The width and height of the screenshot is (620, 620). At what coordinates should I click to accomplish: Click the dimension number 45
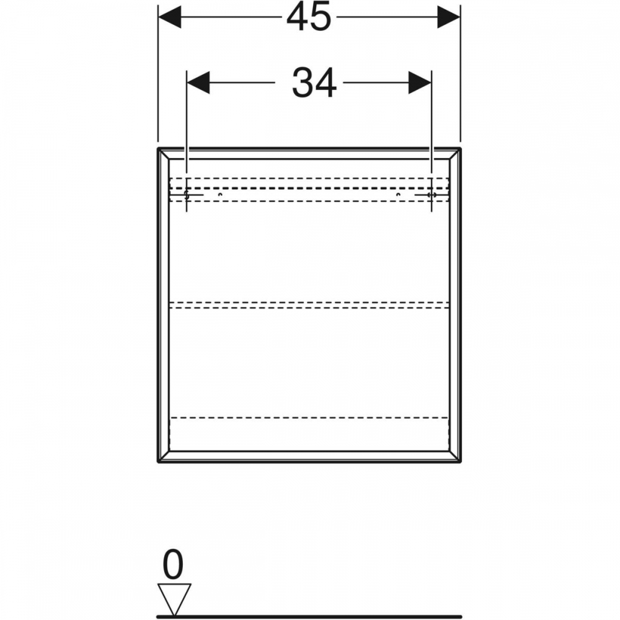tap(309, 17)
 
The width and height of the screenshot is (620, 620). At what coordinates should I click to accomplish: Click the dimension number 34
tap(314, 83)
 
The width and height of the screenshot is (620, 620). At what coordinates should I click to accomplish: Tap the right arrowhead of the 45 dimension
tap(449, 17)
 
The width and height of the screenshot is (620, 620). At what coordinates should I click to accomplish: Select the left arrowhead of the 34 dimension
tap(198, 82)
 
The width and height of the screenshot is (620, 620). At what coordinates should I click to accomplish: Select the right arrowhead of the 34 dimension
tap(420, 82)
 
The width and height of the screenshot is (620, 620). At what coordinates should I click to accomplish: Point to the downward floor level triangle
tap(174, 597)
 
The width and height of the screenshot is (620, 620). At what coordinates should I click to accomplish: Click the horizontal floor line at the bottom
tap(310, 616)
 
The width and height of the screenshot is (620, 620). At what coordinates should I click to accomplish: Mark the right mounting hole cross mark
tap(431, 196)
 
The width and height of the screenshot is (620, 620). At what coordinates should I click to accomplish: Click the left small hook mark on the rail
tap(220, 195)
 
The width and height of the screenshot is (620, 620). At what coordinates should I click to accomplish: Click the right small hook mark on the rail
tap(399, 195)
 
